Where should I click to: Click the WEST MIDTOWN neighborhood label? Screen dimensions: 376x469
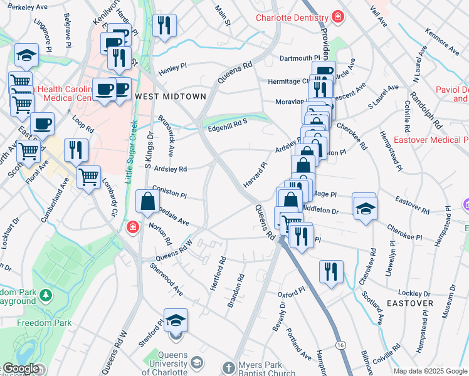pyautogui.click(x=170, y=97)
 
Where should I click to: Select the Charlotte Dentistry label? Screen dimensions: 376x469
pyautogui.click(x=292, y=18)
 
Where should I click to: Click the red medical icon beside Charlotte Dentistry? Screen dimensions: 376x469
pyautogui.click(x=338, y=17)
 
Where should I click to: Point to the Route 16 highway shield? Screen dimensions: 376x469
pyautogui.click(x=340, y=345)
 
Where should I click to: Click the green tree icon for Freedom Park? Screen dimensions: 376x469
pyautogui.click(x=45, y=295)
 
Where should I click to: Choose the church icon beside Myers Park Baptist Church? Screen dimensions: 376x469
pyautogui.click(x=229, y=366)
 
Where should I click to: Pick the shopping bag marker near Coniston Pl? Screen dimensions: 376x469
pyautogui.click(x=147, y=202)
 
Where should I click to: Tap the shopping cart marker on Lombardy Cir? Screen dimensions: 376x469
pyautogui.click(x=88, y=177)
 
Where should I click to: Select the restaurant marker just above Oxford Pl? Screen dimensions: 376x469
pyautogui.click(x=330, y=271)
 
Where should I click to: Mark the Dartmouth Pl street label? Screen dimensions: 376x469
pyautogui.click(x=299, y=58)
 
